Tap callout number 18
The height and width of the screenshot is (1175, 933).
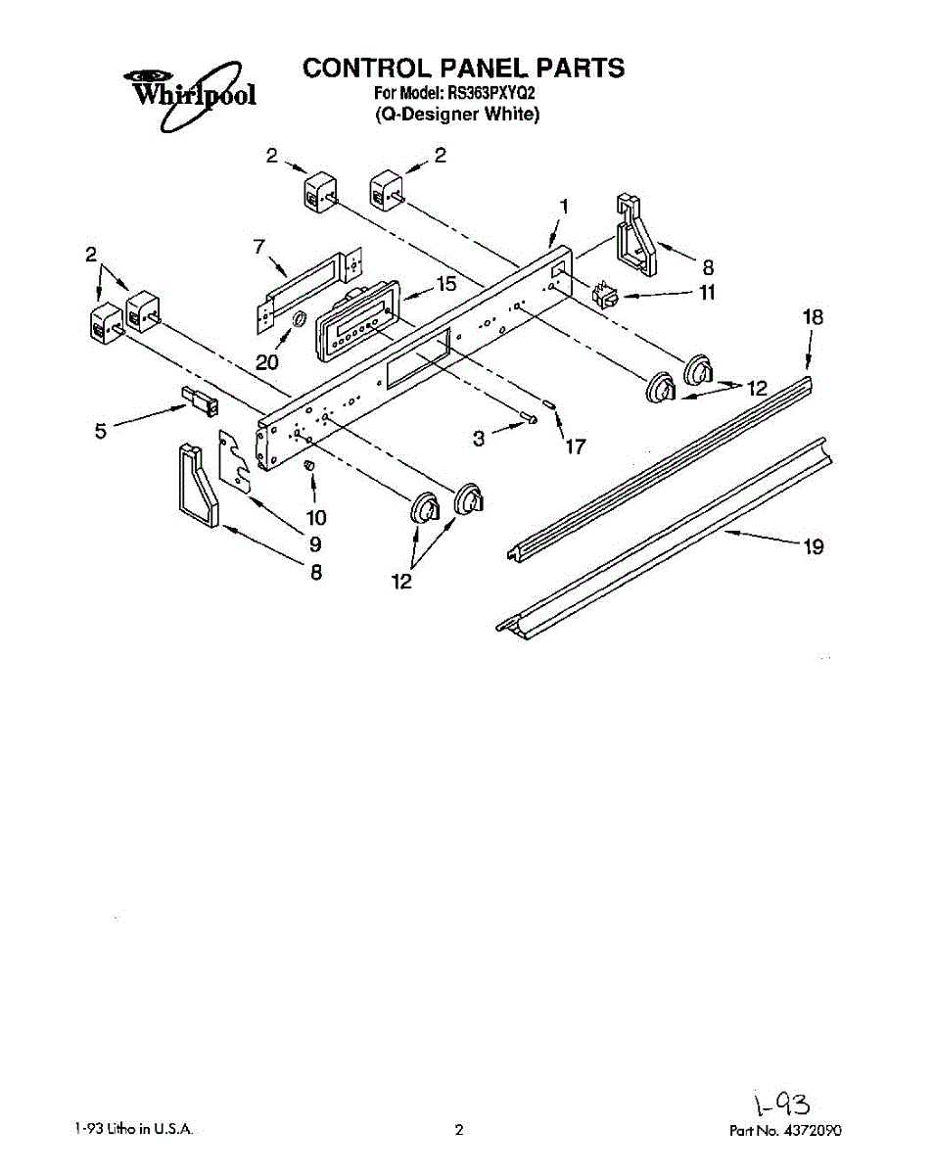tap(813, 317)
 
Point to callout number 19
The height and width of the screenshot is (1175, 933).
tap(814, 547)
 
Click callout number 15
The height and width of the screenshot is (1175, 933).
tap(445, 285)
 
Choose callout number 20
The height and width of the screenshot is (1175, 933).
tap(266, 361)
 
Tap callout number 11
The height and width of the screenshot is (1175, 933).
tap(707, 292)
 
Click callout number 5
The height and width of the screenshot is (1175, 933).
tap(101, 431)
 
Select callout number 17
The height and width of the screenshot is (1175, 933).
tap(575, 447)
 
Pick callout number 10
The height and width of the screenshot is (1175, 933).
tap(316, 516)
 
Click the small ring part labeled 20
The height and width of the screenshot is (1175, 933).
tap(300, 321)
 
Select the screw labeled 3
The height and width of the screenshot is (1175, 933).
tap(530, 420)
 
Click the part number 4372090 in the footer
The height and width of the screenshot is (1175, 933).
tap(812, 1130)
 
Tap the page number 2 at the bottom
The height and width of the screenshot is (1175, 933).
tap(458, 1130)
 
